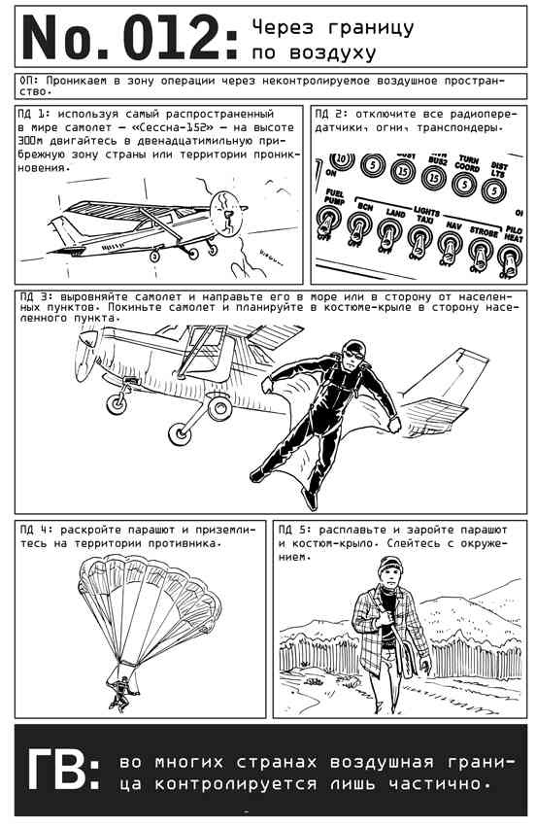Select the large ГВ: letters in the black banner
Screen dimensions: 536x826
click(63, 769)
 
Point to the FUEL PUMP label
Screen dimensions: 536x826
click(334, 197)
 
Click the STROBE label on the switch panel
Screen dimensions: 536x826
click(484, 231)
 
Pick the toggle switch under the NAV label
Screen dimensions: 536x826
click(450, 248)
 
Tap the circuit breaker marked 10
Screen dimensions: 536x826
click(342, 159)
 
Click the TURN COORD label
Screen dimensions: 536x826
click(467, 164)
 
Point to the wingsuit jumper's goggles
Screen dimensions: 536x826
click(353, 354)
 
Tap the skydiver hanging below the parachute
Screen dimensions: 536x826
click(121, 693)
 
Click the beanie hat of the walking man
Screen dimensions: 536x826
click(389, 566)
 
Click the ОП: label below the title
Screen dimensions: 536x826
click(29, 81)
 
